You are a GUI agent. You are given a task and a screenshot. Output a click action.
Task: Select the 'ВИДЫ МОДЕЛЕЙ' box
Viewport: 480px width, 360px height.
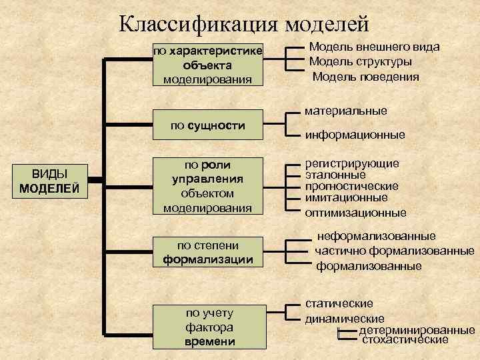50,181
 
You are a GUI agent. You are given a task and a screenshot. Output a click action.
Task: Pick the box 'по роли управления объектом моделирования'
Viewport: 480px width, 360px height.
207,186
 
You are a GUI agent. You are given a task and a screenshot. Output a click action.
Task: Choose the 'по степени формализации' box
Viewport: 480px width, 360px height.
207,251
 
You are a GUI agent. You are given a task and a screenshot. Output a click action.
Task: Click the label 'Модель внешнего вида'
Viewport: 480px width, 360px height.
375,47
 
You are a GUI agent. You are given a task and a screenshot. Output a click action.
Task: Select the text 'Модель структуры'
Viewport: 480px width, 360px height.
361,62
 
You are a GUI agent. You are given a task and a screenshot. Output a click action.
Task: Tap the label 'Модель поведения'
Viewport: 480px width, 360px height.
366,77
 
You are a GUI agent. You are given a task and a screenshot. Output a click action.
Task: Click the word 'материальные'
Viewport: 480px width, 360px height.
345,111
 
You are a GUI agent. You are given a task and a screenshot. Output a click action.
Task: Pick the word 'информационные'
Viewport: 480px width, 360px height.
355,135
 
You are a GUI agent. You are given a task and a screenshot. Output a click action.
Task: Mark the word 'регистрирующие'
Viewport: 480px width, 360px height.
352,163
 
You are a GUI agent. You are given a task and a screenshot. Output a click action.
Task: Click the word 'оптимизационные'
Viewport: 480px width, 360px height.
355,213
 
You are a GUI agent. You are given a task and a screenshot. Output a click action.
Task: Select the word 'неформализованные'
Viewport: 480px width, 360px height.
376,236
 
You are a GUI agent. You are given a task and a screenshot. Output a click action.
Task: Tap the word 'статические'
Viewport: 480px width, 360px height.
339,304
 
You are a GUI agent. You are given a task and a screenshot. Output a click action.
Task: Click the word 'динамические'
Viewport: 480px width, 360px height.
345,319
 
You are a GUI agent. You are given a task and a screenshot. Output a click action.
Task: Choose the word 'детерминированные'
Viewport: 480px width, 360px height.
417,330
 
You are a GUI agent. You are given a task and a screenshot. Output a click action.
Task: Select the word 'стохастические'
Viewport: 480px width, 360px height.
405,340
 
